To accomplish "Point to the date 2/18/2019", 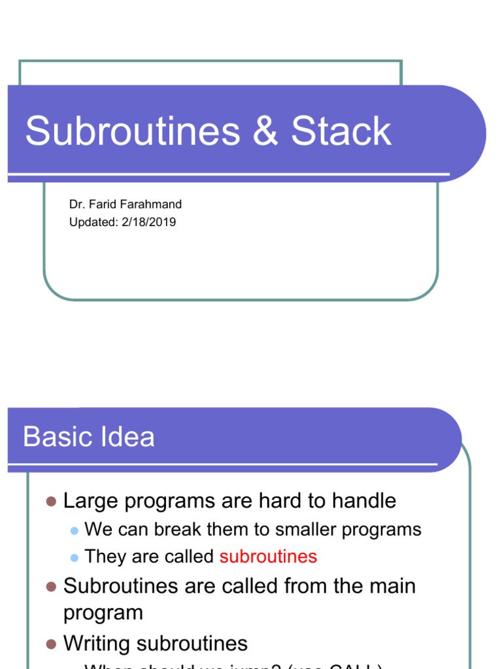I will [148, 222].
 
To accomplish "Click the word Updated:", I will [93, 222].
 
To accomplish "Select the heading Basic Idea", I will [89, 436].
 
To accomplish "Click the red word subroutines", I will [268, 557].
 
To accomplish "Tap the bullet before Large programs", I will [52, 501].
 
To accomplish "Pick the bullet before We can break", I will [74, 530].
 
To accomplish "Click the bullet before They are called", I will [74, 557].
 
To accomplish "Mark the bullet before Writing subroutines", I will [52, 644].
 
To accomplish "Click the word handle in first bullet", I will [364, 501].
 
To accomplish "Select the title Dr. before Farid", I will [76, 204].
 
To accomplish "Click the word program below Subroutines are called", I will [103, 613].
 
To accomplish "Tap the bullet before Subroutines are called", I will [52, 586].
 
